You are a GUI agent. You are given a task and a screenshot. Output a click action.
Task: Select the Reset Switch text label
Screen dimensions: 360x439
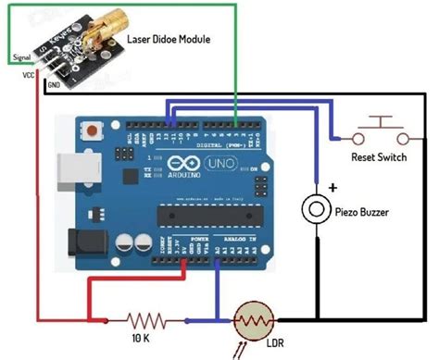pos(379,157)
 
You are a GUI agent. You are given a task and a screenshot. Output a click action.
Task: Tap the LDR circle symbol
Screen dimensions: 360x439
pos(252,322)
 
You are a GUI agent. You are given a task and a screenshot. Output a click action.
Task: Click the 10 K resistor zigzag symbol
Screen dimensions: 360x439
pos(145,321)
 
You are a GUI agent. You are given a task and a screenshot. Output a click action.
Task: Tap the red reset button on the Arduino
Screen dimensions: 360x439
pos(93,133)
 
